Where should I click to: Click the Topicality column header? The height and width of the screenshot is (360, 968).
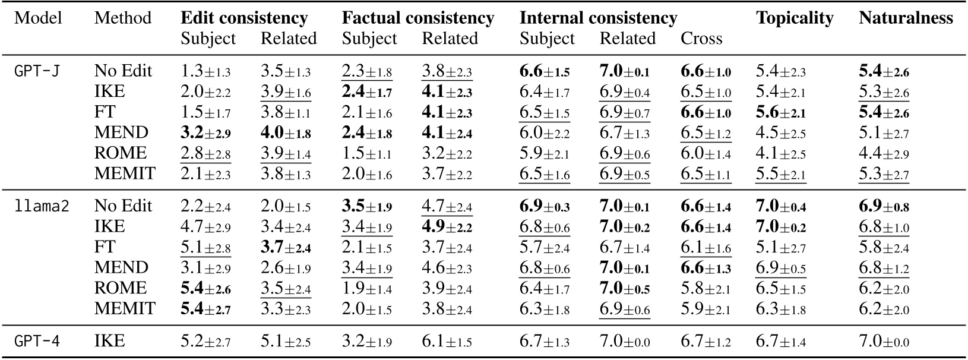(794, 18)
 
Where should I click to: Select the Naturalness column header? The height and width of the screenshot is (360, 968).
(905, 18)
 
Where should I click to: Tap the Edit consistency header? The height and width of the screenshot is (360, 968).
(243, 18)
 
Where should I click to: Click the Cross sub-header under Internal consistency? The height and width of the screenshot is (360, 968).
(701, 39)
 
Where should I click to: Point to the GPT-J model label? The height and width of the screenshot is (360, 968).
(33, 71)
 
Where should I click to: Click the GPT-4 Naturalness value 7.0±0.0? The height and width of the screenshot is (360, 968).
(884, 342)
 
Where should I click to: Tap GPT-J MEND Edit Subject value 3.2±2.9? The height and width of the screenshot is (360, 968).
(205, 132)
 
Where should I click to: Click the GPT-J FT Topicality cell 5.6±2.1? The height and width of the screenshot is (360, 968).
(781, 112)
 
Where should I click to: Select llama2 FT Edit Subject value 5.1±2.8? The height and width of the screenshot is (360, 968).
(205, 247)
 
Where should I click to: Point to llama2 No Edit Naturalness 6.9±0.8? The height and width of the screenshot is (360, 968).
(884, 206)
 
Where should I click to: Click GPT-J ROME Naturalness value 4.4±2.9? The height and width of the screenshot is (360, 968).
(884, 153)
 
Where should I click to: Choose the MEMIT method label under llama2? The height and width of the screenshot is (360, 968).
(125, 309)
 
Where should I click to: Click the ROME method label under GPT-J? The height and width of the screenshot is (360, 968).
(120, 153)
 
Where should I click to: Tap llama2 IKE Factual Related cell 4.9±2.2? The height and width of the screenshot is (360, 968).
(447, 227)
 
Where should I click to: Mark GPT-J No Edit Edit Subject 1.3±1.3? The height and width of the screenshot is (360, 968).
(205, 71)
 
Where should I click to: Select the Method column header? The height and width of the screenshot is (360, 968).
(122, 18)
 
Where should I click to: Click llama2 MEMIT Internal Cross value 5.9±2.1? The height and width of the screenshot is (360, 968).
(706, 309)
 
